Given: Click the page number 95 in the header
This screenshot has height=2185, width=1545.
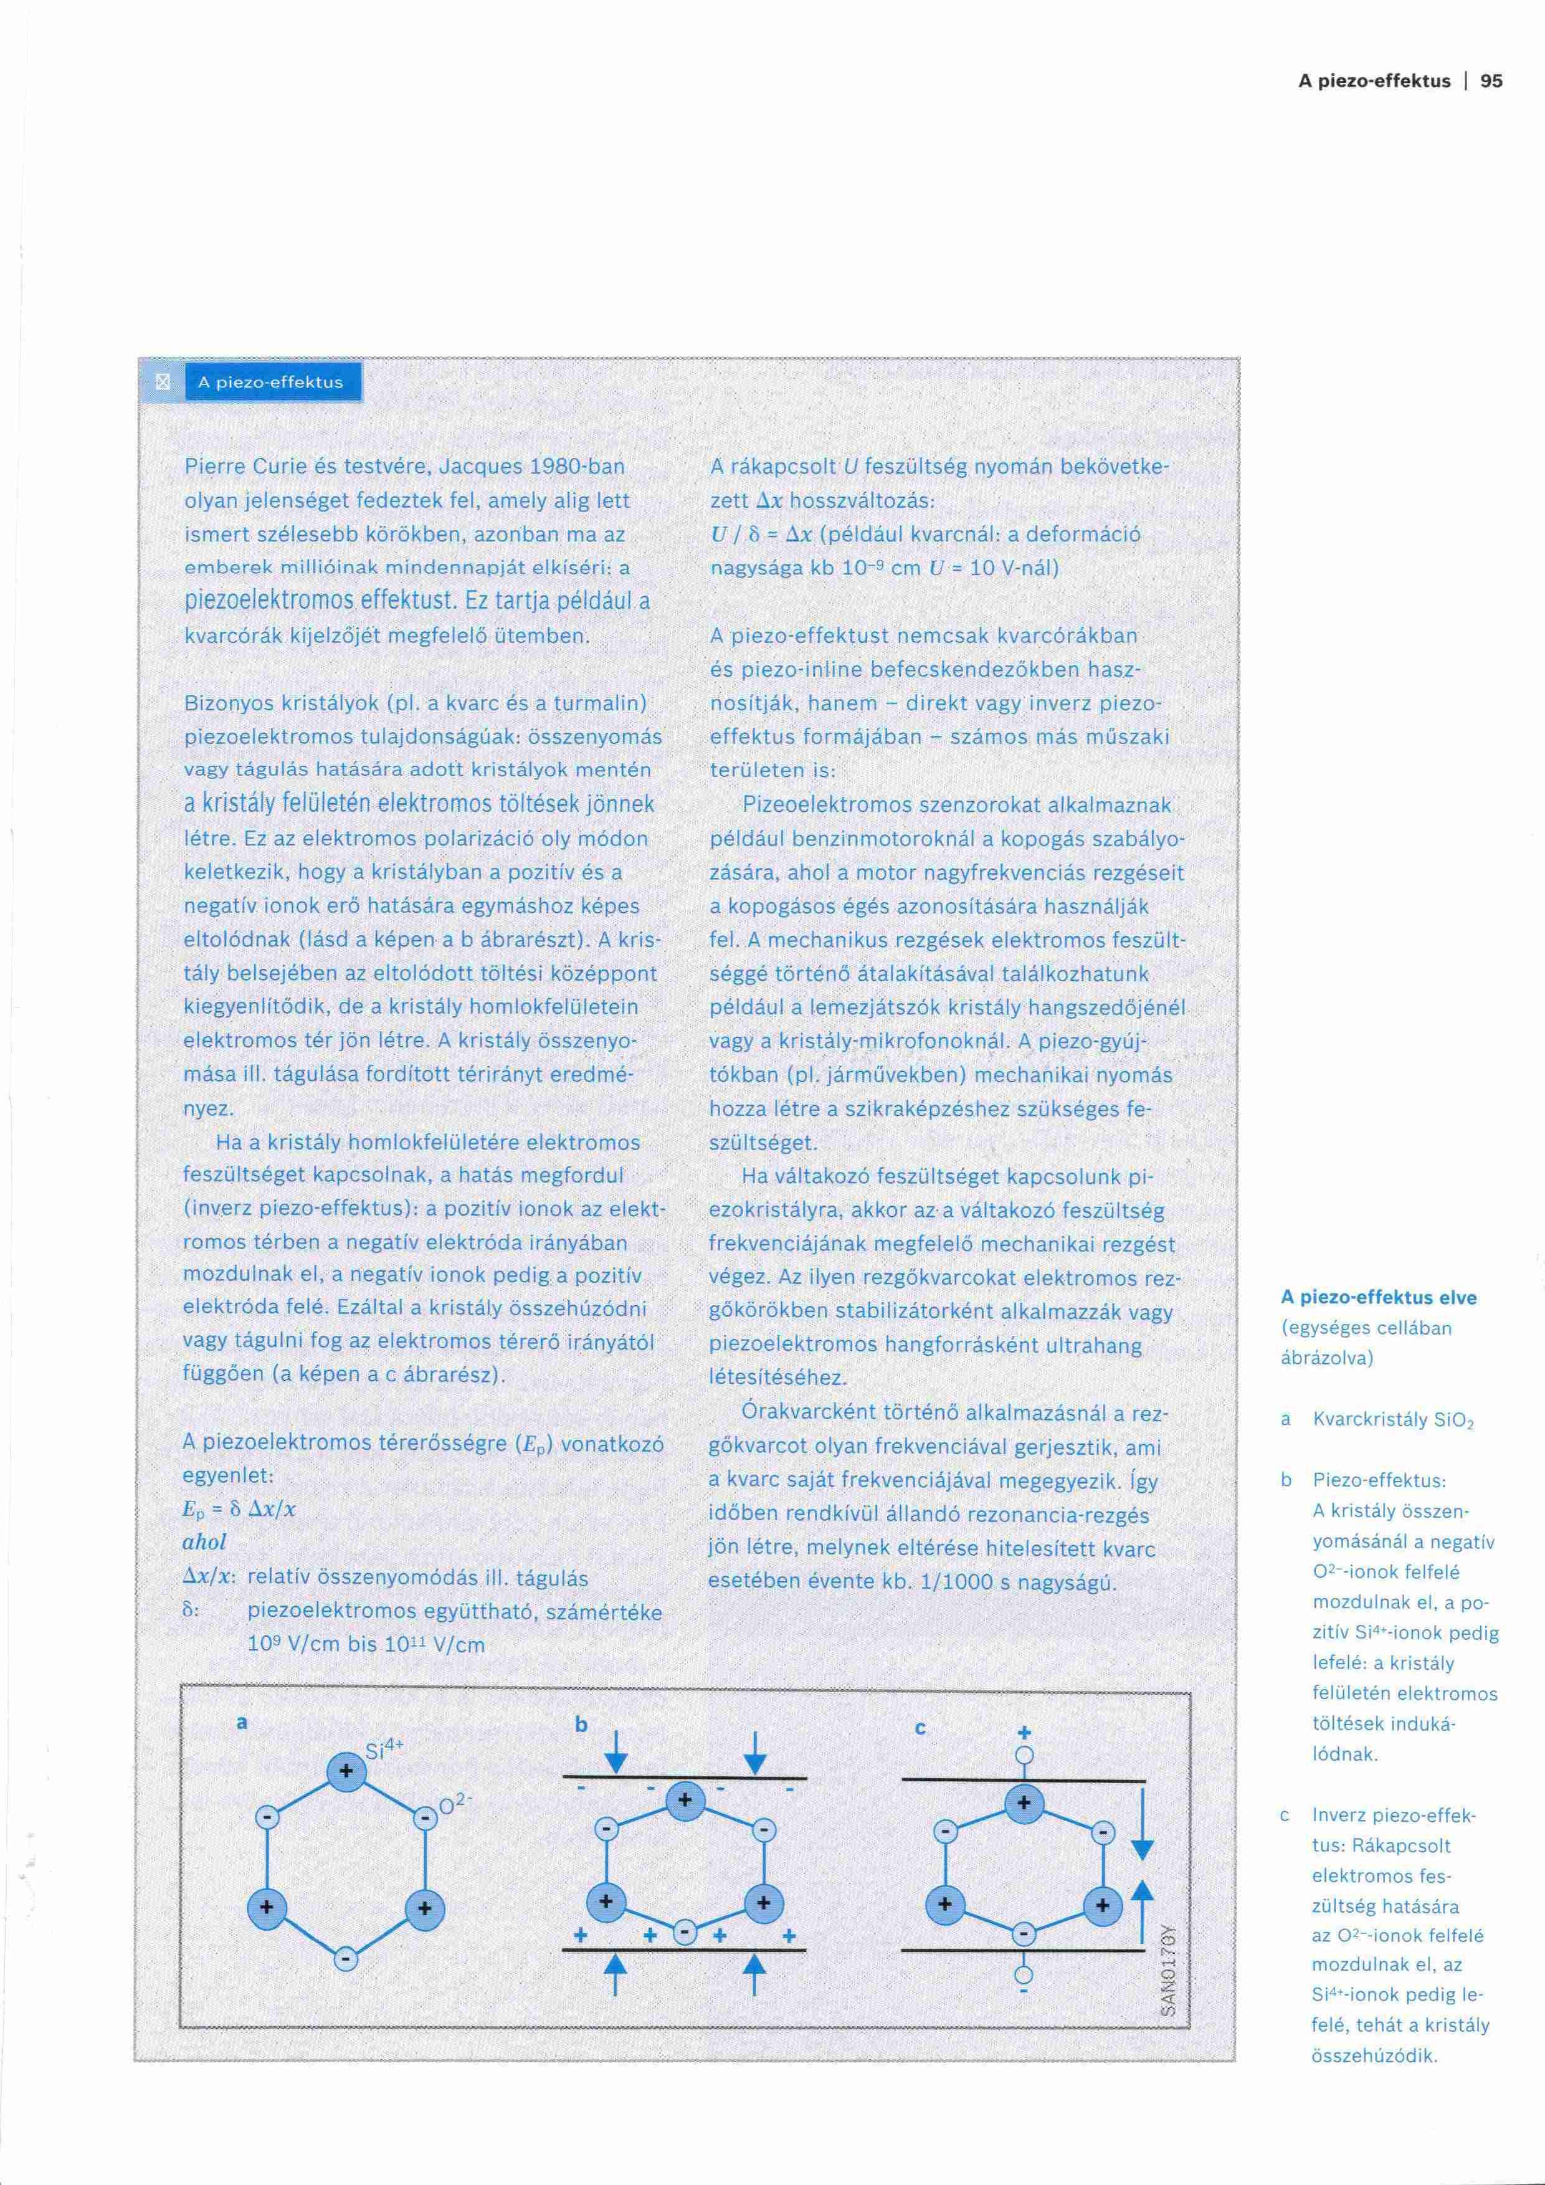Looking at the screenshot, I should (x=1491, y=81).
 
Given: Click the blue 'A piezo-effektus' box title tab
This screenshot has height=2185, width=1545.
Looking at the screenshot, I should (x=270, y=383).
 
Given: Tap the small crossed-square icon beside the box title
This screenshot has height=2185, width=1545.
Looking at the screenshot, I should (x=162, y=383).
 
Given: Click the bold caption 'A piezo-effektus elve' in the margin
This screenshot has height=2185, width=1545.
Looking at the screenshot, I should (x=1379, y=1297).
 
